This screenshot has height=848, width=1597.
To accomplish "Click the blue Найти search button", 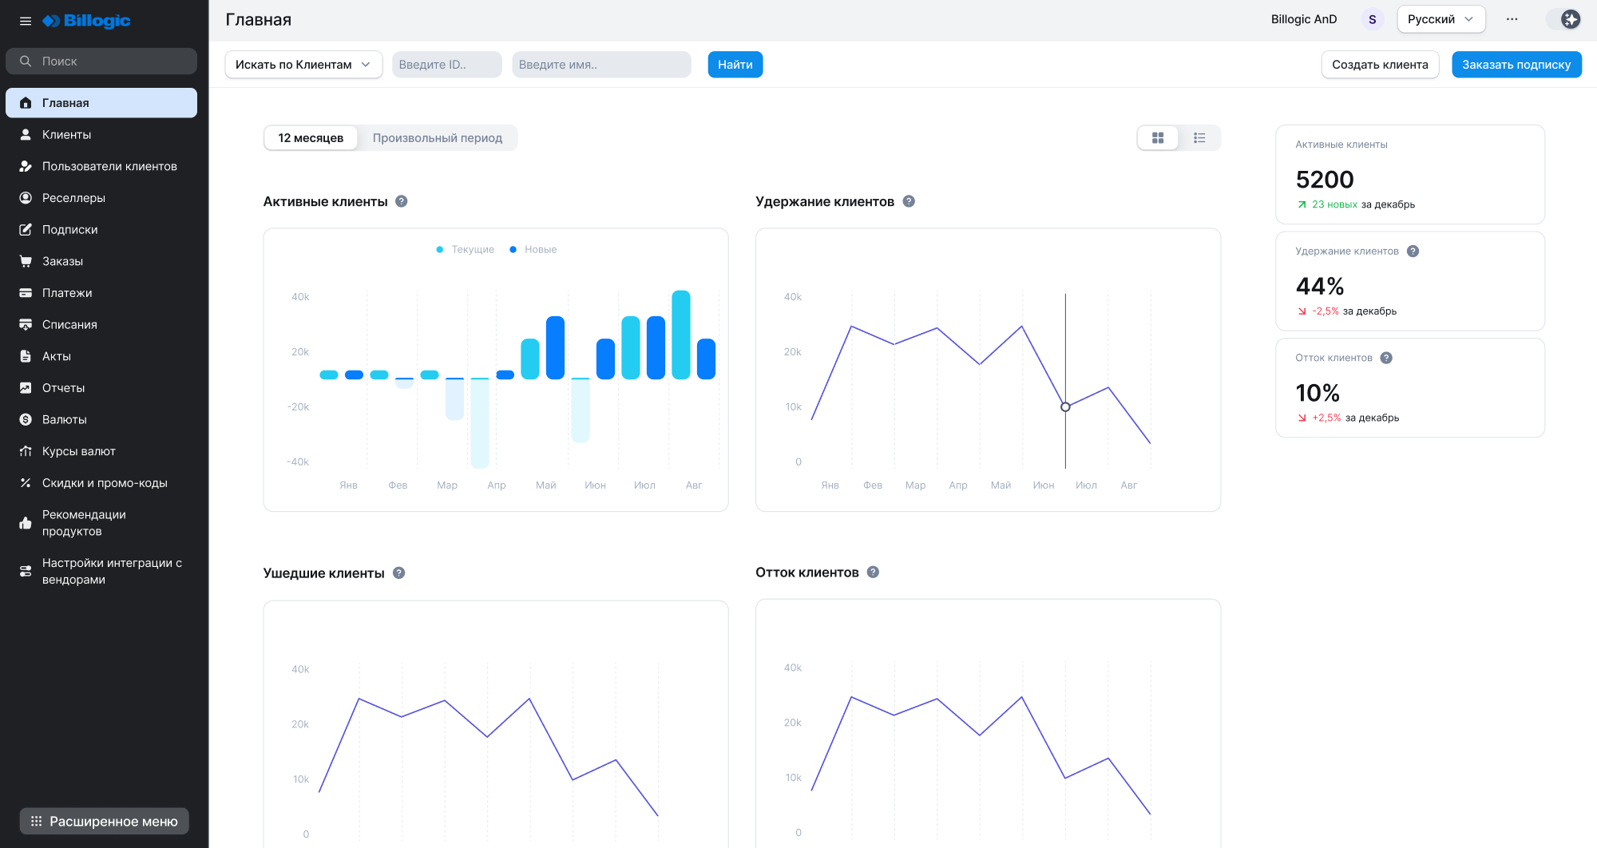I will (735, 65).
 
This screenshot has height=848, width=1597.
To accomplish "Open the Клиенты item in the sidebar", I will (66, 135).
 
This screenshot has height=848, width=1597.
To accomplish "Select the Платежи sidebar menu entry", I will (67, 293).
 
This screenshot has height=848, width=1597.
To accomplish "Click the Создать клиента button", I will (1379, 65).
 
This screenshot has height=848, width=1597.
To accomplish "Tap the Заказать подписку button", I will (1516, 65).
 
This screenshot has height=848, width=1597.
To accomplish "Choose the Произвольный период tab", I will (437, 138).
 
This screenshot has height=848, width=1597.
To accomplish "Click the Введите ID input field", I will (446, 65).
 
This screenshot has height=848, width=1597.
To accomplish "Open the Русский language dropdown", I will (1440, 19).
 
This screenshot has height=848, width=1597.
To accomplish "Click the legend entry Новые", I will (540, 250).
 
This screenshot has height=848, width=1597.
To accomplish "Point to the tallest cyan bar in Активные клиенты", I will (680, 334).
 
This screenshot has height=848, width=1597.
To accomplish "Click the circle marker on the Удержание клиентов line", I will (1065, 407).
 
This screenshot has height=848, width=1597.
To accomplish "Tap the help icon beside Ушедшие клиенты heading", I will (399, 573).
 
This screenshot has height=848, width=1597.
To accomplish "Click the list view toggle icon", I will (1199, 138).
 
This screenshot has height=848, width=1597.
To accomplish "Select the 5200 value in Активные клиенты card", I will (1324, 180).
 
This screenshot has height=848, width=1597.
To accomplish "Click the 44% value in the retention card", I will (1319, 286).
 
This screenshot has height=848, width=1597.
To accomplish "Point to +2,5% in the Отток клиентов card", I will (1326, 418).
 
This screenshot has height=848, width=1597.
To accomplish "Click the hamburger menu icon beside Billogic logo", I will (26, 21).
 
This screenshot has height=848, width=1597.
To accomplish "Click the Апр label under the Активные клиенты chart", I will (496, 485).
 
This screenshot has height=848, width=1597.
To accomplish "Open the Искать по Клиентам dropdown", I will (303, 65).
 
